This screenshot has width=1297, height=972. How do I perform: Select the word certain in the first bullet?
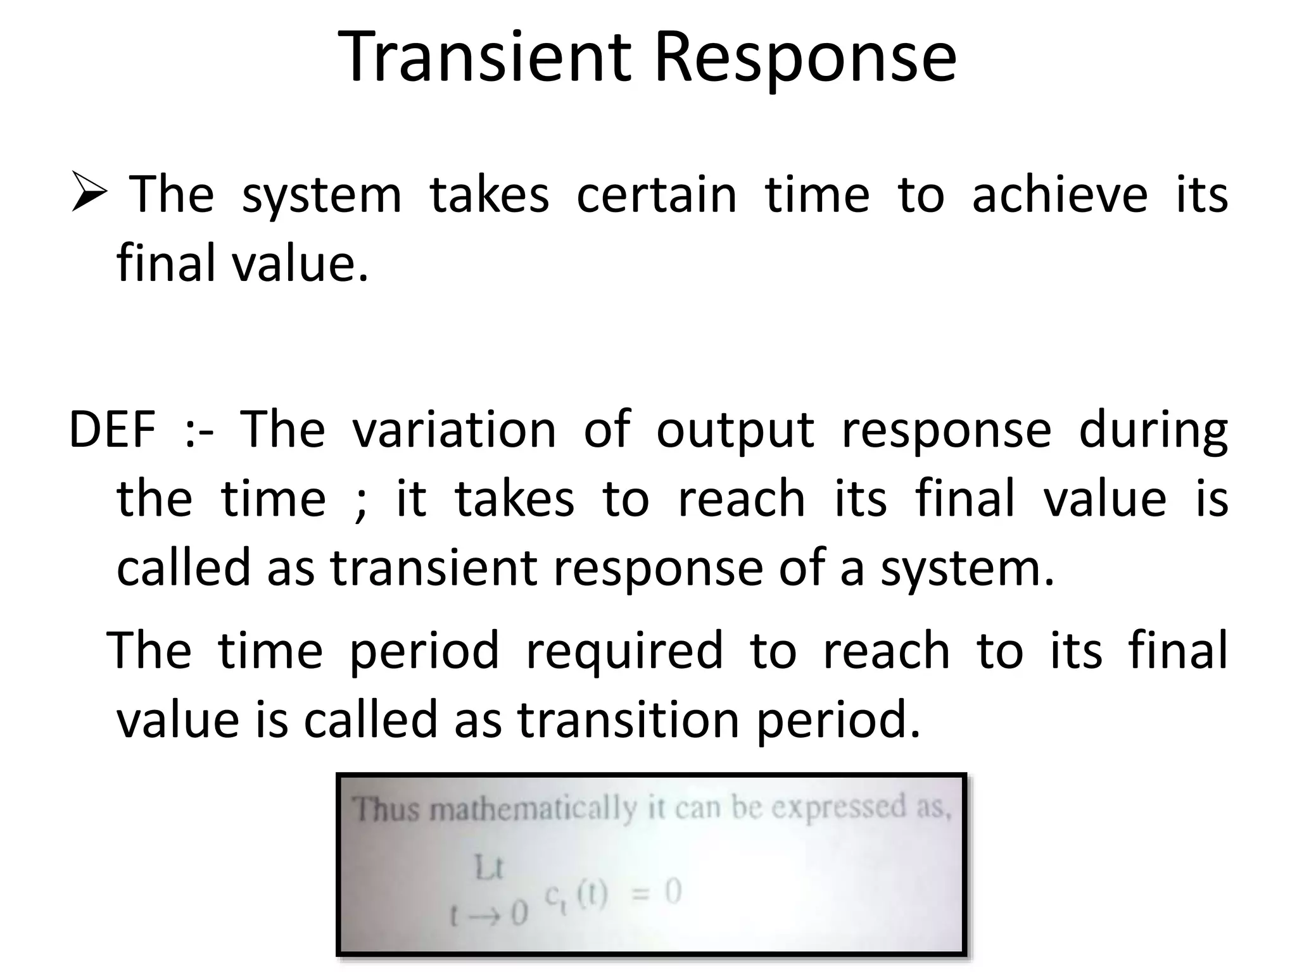[x=656, y=194]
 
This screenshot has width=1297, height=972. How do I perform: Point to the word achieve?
[x=1060, y=194]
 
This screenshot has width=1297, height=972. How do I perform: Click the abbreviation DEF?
[x=112, y=430]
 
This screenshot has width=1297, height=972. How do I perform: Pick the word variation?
[x=453, y=430]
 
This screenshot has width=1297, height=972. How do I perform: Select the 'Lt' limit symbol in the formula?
[x=488, y=868]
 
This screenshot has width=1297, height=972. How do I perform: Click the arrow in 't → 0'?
[x=485, y=914]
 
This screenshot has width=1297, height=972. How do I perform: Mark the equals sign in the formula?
[x=642, y=894]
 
